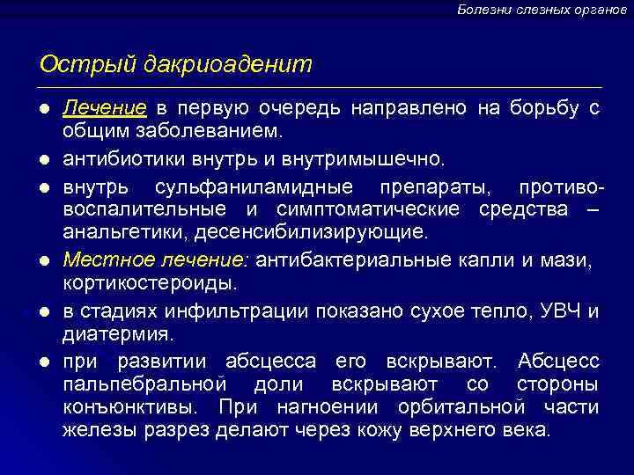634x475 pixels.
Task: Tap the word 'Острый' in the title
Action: click(x=76, y=64)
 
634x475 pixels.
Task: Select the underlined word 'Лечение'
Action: click(x=104, y=108)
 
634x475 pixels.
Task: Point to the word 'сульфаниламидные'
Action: click(x=254, y=188)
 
